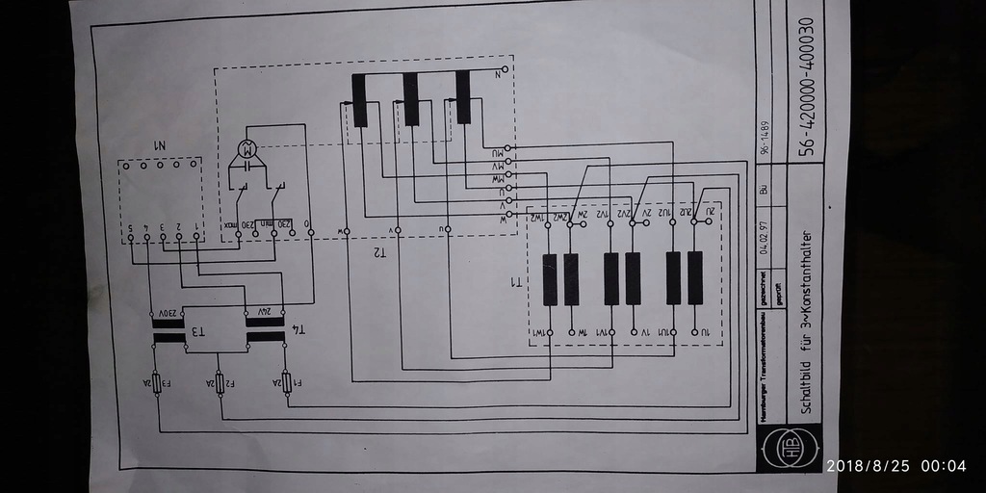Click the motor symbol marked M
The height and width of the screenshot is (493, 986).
(x=246, y=149)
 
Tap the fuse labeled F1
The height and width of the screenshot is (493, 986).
(x=286, y=382)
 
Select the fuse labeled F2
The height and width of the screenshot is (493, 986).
(x=220, y=382)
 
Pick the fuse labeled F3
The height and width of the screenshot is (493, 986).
(x=155, y=382)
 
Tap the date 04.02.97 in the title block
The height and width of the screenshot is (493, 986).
(x=765, y=235)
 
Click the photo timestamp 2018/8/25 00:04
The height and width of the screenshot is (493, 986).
(x=895, y=466)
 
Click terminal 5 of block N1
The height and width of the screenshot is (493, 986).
(x=130, y=227)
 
